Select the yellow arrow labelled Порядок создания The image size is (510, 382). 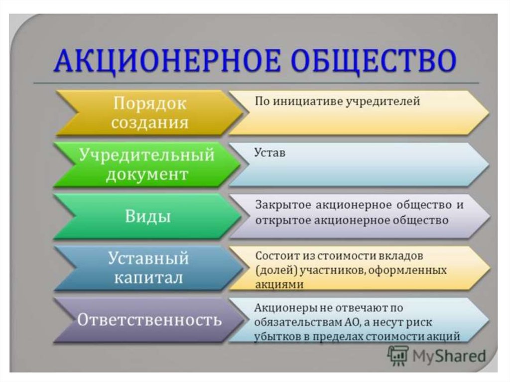coord(149,113)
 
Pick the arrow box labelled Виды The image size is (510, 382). coord(148,216)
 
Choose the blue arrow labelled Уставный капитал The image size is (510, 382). coord(148,268)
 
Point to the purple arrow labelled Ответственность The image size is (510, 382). coord(149,320)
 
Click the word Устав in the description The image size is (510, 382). coord(269,152)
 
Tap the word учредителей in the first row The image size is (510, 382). coord(382,101)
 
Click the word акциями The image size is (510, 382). coord(279,285)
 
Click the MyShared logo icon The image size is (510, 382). coord(398,356)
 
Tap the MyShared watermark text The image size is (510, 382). coord(449,356)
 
